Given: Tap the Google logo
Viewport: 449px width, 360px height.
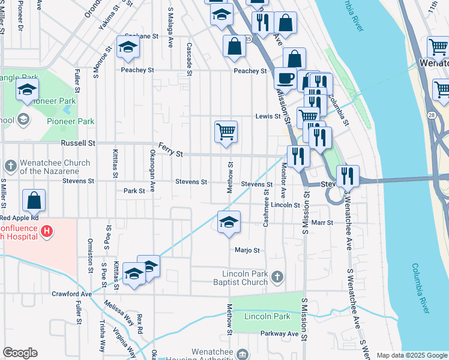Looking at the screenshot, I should [x=20, y=353].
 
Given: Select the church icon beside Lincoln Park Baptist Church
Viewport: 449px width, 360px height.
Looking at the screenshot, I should [x=277, y=277].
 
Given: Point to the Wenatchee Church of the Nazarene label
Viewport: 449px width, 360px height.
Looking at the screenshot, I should [x=55, y=167].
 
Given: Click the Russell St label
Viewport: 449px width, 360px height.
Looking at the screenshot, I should [x=78, y=143].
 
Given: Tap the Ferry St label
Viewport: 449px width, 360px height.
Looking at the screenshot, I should [x=170, y=149].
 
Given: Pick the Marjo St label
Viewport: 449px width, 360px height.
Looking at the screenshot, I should [x=247, y=250].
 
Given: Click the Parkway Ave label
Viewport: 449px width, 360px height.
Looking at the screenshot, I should [x=279, y=334].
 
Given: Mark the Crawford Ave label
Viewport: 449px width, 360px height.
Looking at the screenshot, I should [x=71, y=294].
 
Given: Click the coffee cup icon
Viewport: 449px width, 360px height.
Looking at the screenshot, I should [x=285, y=77].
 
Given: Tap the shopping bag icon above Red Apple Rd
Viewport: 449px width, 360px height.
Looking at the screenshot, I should [x=34, y=201].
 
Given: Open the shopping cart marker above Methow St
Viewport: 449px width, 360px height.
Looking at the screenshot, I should [x=226, y=132].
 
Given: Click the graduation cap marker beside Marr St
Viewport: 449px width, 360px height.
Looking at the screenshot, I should [x=229, y=223].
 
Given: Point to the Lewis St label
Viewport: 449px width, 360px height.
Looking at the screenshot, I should [x=268, y=116].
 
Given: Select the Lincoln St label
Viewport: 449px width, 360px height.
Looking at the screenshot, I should [x=285, y=205].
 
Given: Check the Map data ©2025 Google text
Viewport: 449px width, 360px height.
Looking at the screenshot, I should [x=411, y=355].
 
